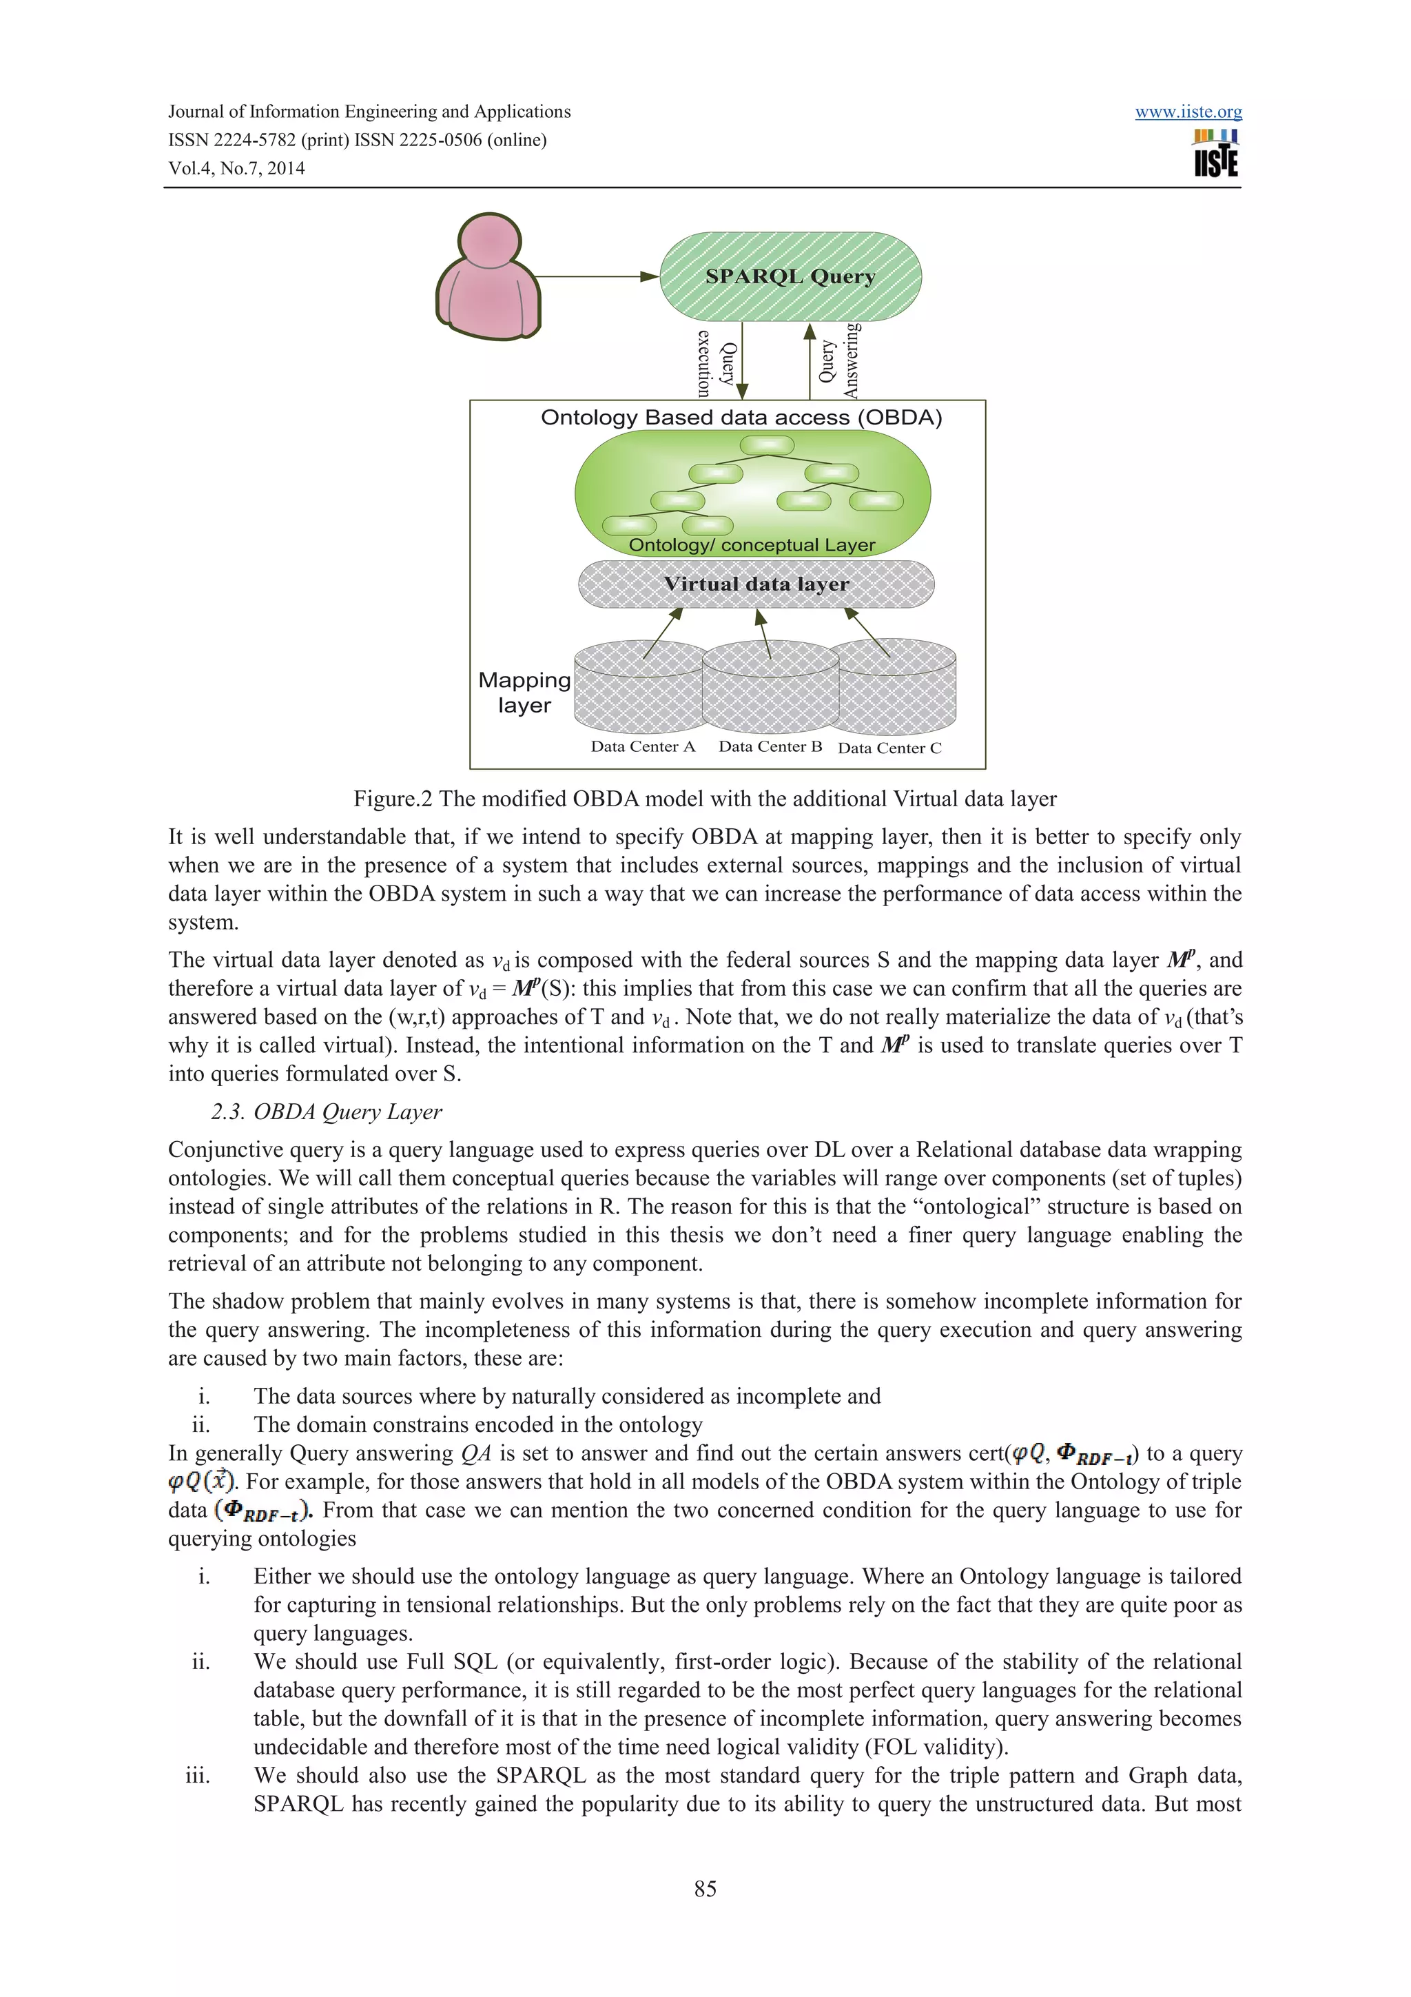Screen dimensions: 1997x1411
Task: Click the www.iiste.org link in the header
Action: [1188, 112]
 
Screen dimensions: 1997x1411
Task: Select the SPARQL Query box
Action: [790, 276]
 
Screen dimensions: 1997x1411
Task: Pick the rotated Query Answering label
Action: [839, 361]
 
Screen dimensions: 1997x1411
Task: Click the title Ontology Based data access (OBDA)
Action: [741, 418]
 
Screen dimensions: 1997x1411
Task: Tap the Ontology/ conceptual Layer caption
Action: [751, 545]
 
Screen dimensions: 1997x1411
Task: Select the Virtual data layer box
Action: [756, 584]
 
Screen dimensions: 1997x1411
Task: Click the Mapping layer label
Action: [524, 693]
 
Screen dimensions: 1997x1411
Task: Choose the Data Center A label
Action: [643, 746]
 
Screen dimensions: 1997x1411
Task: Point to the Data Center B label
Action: [770, 746]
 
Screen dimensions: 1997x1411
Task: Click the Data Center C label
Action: [889, 748]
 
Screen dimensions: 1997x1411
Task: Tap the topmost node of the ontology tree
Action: [767, 445]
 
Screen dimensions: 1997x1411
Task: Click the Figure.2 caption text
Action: [704, 799]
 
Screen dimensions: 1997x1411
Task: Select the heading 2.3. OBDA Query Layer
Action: [326, 1112]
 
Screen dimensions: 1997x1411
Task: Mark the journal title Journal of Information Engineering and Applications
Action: [369, 112]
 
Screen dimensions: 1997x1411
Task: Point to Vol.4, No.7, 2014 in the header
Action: [236, 169]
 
